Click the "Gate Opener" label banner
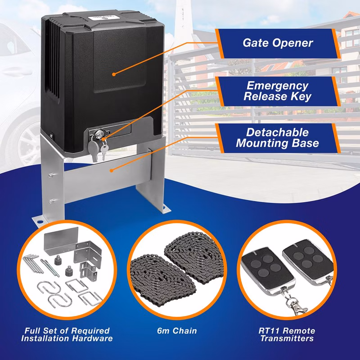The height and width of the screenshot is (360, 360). coord(278,43)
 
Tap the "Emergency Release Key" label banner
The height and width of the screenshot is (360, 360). coord(278,91)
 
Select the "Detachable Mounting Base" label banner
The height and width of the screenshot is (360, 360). coord(278,138)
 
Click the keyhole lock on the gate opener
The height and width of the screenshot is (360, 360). coord(99,134)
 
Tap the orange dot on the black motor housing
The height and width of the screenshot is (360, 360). coord(114,74)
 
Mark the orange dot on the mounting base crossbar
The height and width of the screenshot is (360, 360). coord(111,171)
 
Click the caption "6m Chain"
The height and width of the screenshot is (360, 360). coord(177,331)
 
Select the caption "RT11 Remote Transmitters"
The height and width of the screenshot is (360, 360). coord(287,334)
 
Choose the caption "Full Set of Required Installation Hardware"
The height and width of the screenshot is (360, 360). coord(67,334)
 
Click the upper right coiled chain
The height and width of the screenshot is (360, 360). coord(194,257)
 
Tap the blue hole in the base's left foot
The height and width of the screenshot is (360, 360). coord(40,222)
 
